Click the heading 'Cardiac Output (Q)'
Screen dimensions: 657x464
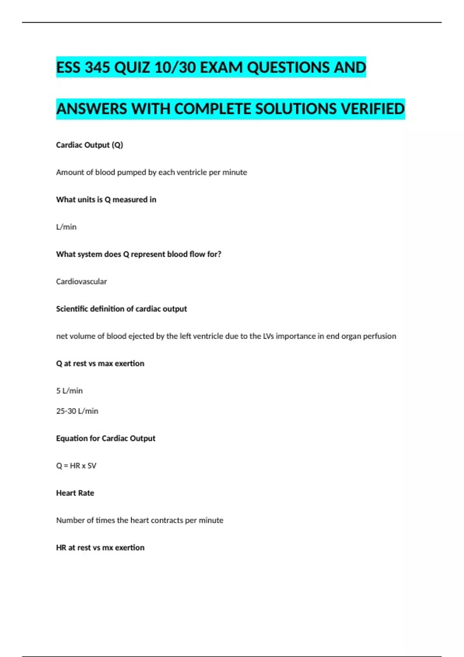pos(89,145)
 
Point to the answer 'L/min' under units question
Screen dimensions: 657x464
pos(66,227)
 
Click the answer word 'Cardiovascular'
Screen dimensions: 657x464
pos(81,281)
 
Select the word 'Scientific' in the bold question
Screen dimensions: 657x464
pos(72,309)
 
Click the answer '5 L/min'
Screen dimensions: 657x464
pos(69,391)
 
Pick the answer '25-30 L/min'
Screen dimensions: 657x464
pos(77,411)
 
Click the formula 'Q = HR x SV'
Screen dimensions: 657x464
pos(76,466)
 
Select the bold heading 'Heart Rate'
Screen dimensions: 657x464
pos(75,493)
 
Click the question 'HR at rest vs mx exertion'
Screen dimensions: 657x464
pos(100,548)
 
